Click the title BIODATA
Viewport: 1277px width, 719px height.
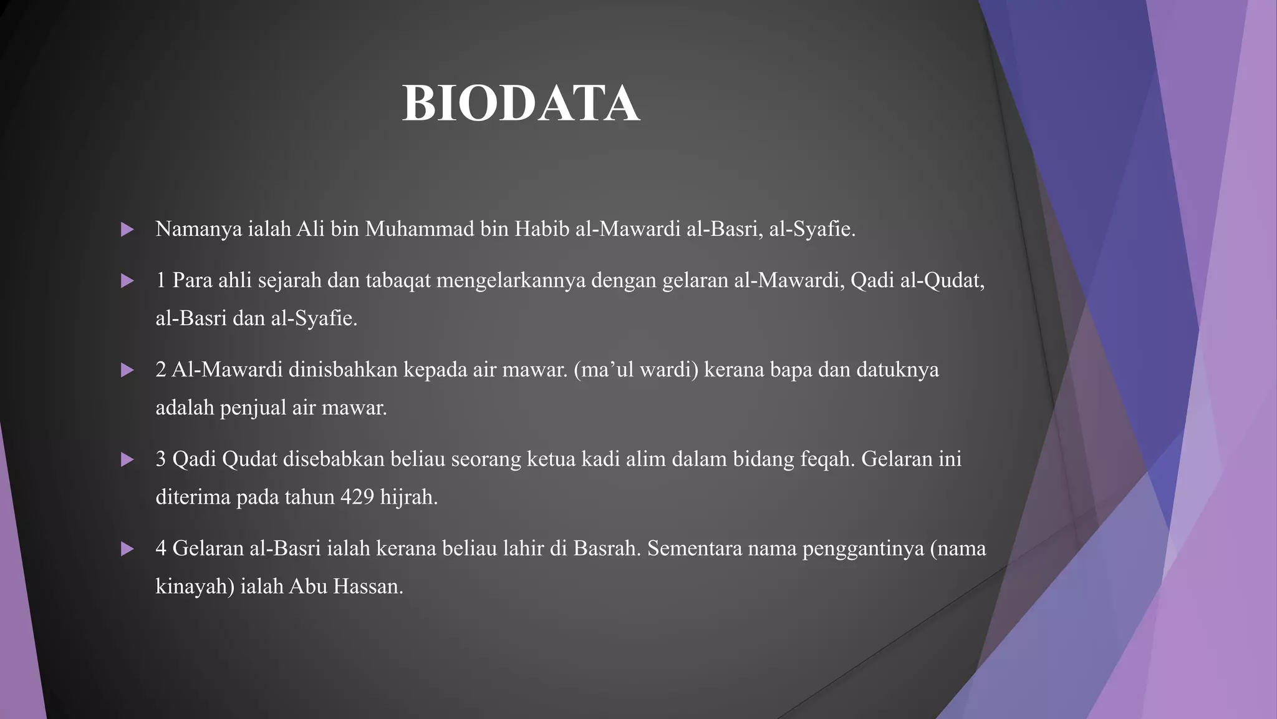coord(521,104)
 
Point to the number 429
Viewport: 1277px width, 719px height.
coord(357,497)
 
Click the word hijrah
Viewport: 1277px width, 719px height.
coord(408,497)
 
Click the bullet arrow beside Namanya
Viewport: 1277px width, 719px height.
coord(127,230)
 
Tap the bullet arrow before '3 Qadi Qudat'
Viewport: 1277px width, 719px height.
coord(127,460)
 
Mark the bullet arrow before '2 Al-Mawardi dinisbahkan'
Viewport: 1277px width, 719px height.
coord(127,371)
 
